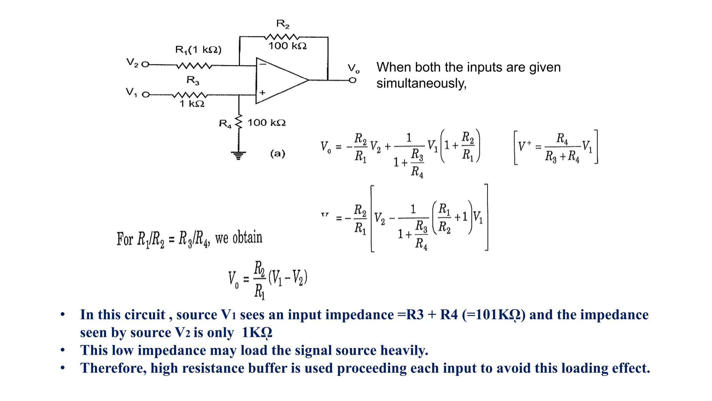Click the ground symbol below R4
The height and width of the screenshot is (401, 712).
click(238, 155)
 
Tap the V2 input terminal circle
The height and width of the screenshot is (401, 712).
click(145, 64)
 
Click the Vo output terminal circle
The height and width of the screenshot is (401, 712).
click(353, 80)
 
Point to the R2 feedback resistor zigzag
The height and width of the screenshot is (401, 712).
click(281, 37)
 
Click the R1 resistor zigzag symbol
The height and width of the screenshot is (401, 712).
click(194, 65)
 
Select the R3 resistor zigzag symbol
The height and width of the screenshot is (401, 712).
click(190, 95)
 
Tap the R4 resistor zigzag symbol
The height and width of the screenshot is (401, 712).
click(238, 122)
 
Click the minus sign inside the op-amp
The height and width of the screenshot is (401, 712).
click(263, 64)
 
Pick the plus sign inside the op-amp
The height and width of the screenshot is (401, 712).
click(262, 93)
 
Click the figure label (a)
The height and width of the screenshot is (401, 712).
click(277, 154)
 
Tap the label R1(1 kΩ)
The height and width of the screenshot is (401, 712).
click(198, 50)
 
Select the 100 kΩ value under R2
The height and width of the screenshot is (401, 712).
click(287, 46)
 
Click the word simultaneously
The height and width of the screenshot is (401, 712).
click(421, 84)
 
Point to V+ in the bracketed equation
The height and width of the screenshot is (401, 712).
click(524, 146)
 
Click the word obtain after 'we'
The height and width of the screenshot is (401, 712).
click(247, 238)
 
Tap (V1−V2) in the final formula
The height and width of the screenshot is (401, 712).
click(288, 278)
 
